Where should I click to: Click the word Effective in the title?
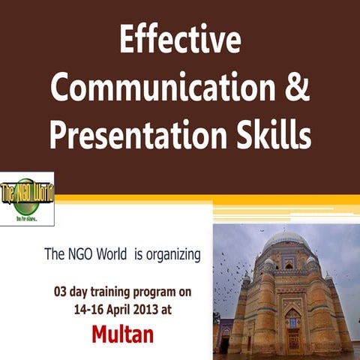point(179,39)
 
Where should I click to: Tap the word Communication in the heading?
point(158,89)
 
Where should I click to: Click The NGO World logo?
point(27,198)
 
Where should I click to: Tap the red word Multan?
point(122,334)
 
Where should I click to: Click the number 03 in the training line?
point(61,289)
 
